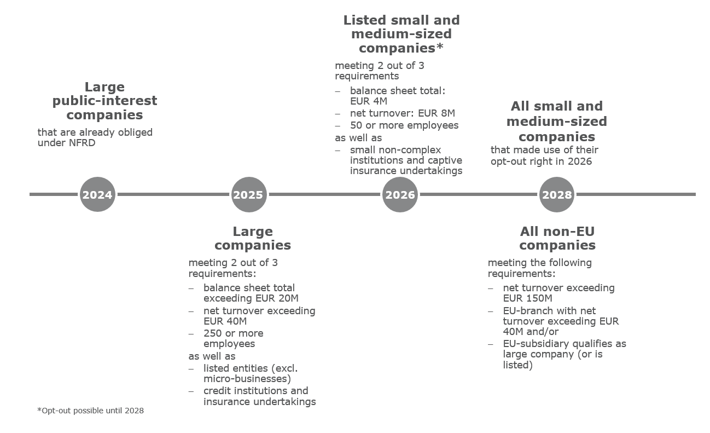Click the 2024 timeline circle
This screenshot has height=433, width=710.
[97, 194]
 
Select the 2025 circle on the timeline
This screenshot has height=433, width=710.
[249, 194]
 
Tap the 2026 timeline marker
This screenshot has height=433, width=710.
[400, 194]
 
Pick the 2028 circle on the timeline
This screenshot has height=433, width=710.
[557, 194]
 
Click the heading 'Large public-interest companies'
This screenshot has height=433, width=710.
[104, 101]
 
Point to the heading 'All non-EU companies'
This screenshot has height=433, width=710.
[557, 238]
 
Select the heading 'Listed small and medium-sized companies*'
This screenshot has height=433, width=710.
[401, 34]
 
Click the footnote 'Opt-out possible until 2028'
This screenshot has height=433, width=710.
[91, 411]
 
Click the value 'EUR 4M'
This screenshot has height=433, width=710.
[369, 101]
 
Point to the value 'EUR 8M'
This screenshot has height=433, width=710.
[437, 113]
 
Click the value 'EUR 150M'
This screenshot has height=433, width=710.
[527, 298]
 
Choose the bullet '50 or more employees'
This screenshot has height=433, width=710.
[404, 125]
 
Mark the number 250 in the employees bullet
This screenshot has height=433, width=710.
[213, 333]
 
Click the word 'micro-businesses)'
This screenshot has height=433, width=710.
[247, 379]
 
